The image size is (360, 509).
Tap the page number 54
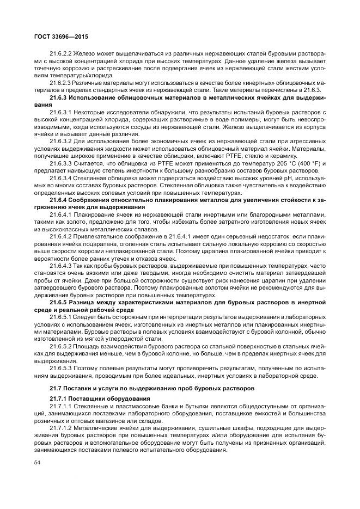[x=37, y=462]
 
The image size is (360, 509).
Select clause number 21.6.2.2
[x=62, y=54]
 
